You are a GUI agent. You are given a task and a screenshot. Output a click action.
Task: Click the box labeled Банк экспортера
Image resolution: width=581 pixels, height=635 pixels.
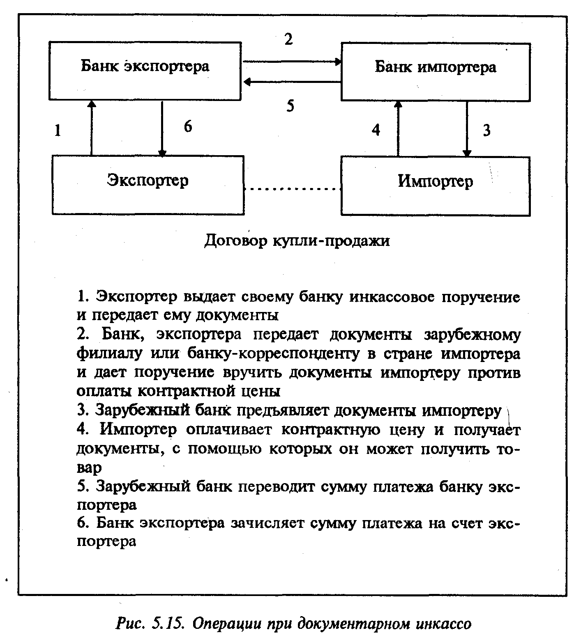(x=145, y=70)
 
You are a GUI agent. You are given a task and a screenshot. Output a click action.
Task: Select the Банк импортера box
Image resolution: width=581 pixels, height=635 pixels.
(x=436, y=71)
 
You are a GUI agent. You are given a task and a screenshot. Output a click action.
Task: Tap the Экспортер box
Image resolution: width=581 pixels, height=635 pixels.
(x=148, y=185)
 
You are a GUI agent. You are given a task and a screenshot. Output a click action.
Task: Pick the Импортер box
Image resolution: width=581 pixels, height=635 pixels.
(x=435, y=186)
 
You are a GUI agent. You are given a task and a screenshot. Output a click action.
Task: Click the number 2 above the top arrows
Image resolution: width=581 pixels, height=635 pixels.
(x=288, y=39)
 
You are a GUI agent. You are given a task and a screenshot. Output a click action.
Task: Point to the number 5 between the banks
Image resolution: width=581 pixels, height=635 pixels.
(x=290, y=106)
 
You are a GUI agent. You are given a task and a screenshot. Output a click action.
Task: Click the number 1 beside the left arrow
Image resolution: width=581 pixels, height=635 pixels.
(x=58, y=131)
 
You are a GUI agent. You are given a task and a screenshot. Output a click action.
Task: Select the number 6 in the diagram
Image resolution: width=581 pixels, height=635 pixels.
(x=187, y=126)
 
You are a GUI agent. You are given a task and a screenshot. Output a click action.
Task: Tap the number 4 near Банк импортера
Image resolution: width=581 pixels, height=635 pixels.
(x=376, y=130)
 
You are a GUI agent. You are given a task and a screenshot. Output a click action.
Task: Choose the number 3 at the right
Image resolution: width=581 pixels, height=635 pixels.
(x=486, y=131)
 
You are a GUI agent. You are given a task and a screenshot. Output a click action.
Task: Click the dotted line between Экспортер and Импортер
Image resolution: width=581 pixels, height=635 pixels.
(x=292, y=189)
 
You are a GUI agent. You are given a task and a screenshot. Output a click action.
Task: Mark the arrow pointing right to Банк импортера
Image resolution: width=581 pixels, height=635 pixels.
(x=292, y=62)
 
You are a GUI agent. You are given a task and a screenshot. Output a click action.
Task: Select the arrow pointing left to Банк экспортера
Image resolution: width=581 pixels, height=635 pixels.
(x=292, y=82)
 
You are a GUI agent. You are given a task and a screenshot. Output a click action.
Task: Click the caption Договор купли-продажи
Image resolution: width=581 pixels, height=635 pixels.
(x=297, y=241)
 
